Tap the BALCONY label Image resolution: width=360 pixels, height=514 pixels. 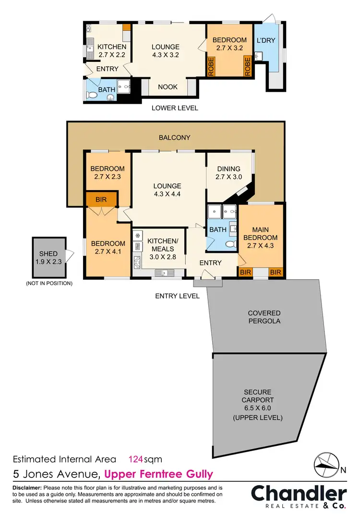(x=175, y=138)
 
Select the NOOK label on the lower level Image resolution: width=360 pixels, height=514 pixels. (x=168, y=87)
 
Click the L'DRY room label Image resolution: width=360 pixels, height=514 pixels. (x=266, y=40)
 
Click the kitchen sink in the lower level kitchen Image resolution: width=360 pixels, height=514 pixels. (x=90, y=48)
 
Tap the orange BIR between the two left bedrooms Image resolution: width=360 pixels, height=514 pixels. (x=101, y=199)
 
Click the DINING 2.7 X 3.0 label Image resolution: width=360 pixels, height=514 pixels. (x=229, y=173)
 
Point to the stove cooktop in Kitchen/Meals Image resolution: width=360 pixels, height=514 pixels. (x=137, y=261)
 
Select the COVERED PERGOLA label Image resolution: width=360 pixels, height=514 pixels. (x=264, y=317)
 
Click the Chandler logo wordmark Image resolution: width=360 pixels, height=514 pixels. (x=299, y=493)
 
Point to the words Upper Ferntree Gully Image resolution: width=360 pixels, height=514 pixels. (x=158, y=475)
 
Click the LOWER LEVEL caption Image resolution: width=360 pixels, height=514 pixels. (x=175, y=108)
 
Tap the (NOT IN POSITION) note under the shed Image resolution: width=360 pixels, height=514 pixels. (x=49, y=284)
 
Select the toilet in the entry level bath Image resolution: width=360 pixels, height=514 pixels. (x=231, y=244)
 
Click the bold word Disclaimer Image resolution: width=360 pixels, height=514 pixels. (x=28, y=488)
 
